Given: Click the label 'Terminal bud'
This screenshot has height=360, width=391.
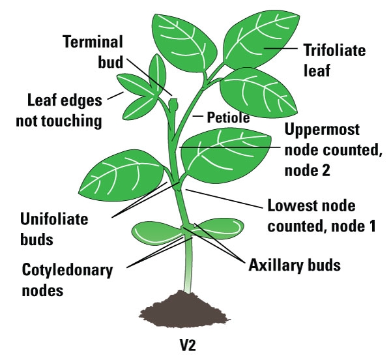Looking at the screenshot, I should (x=93, y=52).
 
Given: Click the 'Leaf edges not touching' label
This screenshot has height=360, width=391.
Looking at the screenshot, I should (x=65, y=111).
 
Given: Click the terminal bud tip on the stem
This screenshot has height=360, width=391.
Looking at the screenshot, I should (x=173, y=103).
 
